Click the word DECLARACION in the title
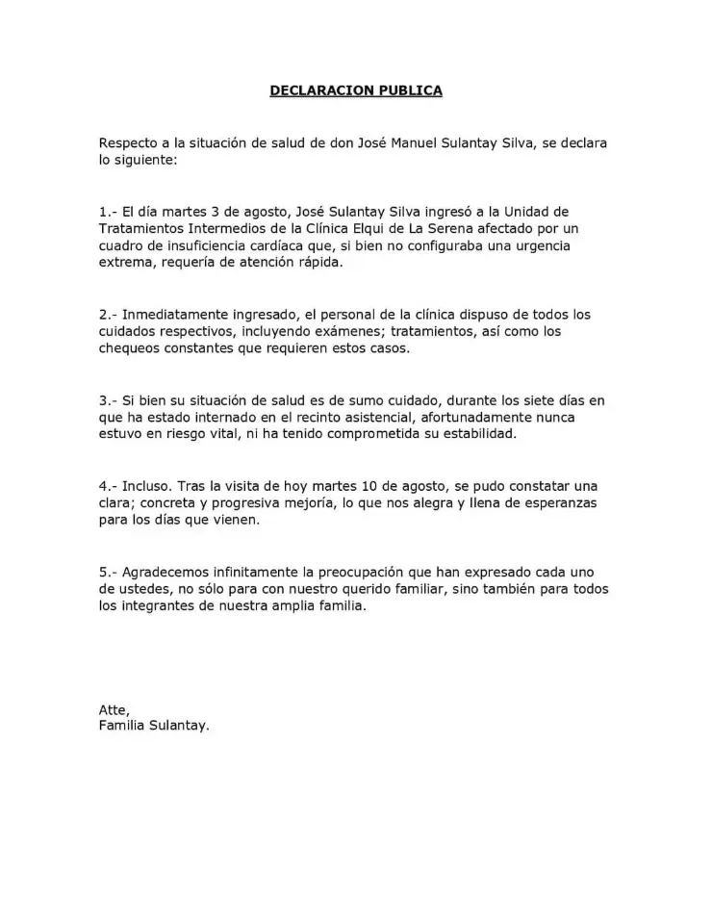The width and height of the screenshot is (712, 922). (313, 90)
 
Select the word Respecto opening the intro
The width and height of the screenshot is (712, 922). (129, 143)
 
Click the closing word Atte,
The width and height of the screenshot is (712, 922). (114, 709)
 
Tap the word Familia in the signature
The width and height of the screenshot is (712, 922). (122, 726)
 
